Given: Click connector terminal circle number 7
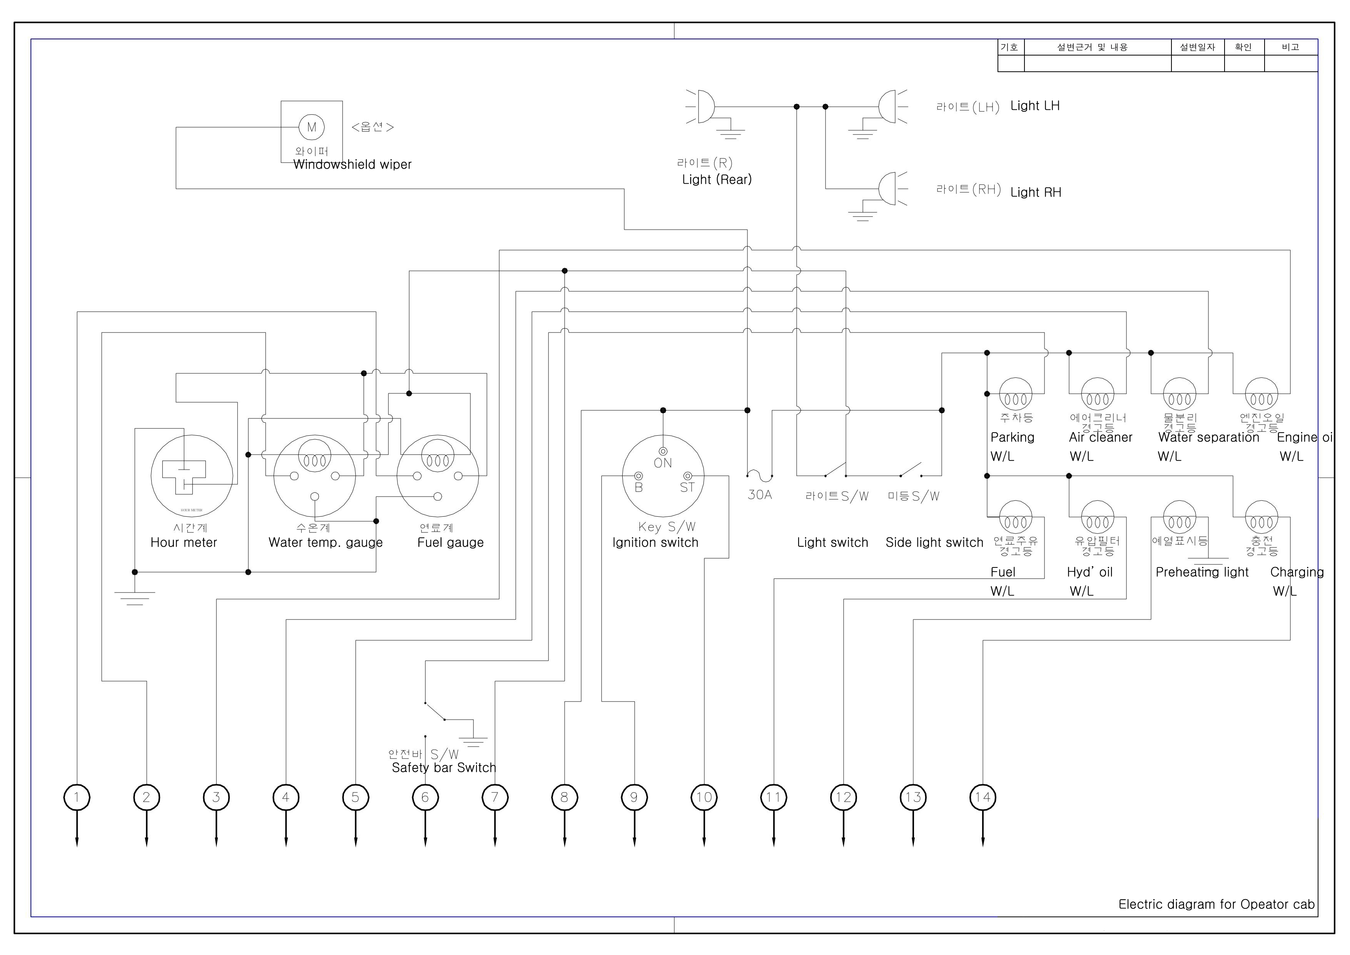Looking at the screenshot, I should tap(495, 797).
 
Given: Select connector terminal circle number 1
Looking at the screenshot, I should tap(77, 797).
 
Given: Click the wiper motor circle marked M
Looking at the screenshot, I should tap(312, 127).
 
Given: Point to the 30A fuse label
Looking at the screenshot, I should tap(760, 495).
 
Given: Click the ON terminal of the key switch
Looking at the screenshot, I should tap(663, 451).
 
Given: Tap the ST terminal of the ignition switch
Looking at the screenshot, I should tap(687, 476).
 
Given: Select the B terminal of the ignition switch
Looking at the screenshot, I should tap(638, 476).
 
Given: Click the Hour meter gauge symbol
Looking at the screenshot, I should tap(192, 476).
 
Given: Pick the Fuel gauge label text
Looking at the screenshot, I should tap(450, 542).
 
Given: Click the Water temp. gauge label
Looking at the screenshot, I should tap(325, 542).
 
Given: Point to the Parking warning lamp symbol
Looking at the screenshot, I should tap(1016, 394).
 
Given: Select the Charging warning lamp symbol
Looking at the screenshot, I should tap(1261, 517).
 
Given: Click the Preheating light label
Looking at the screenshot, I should tap(1202, 572).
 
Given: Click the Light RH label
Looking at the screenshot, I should tap(1036, 192).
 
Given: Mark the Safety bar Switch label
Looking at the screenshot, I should tap(444, 768).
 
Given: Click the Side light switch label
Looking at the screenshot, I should tap(934, 542).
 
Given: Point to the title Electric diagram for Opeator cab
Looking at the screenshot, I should tap(1216, 905).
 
